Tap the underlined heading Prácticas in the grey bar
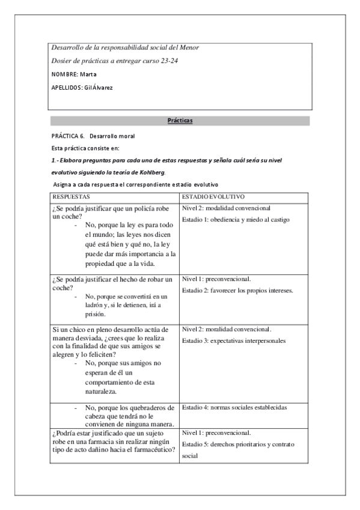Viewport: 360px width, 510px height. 180,121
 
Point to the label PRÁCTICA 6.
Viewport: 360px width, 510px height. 67,136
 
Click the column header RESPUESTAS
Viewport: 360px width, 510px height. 71,197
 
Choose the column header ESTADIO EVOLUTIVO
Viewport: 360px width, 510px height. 213,197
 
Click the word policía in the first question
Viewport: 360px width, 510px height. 149,209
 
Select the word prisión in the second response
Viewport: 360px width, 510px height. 96,314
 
